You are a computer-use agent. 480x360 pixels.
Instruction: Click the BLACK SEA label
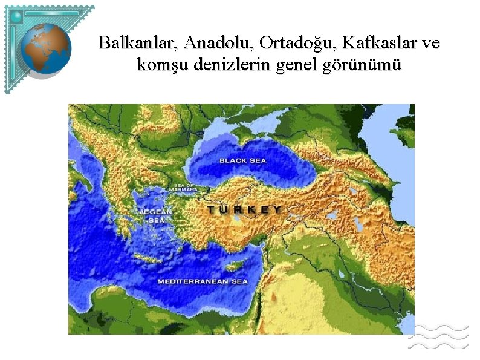242,160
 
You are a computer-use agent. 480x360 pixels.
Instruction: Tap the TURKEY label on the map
244,209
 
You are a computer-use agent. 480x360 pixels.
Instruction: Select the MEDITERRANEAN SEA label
203,281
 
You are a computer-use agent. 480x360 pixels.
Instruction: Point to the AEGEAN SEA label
156,216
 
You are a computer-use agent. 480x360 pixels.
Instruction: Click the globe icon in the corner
46,49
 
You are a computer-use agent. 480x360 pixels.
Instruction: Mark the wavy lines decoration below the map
439,336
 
